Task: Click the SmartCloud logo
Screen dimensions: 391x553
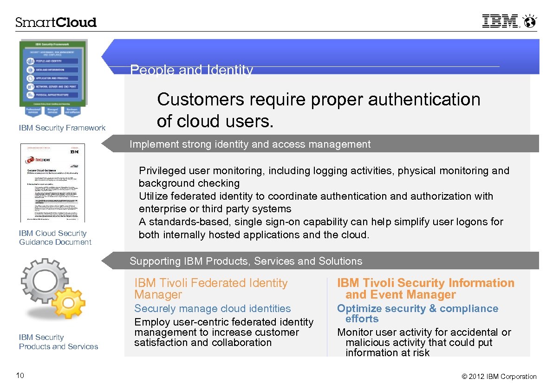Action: tap(56, 22)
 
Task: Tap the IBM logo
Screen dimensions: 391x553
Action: tap(500, 21)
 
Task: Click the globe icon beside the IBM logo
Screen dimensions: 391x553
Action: tap(529, 21)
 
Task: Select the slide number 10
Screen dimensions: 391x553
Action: tap(20, 376)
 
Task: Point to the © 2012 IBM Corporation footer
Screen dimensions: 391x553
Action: tap(499, 377)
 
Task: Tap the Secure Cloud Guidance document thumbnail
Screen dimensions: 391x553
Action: tap(52, 182)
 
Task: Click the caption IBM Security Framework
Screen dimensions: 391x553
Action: tap(62, 128)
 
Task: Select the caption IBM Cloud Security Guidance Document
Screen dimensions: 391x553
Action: tap(55, 238)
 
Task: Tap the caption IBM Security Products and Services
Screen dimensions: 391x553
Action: tap(58, 342)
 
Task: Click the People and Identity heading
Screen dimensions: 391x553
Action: tap(191, 70)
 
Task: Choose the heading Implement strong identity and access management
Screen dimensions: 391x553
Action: tap(250, 144)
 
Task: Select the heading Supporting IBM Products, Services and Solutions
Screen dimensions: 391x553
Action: tap(246, 261)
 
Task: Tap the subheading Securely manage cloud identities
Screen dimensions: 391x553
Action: tap(212, 308)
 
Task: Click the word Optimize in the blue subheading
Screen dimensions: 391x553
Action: tap(357, 308)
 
